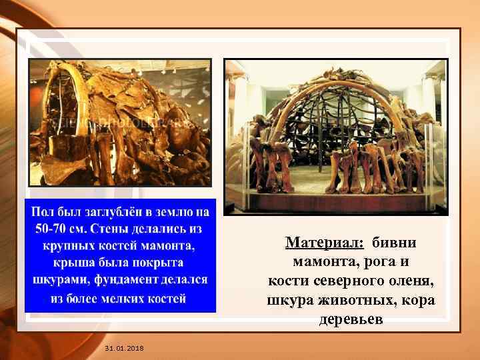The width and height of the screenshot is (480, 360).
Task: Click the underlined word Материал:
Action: (x=324, y=242)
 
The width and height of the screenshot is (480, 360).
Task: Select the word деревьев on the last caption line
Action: (x=351, y=319)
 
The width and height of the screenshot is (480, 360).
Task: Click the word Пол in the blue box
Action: (x=43, y=212)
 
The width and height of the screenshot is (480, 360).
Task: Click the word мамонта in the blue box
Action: (x=171, y=246)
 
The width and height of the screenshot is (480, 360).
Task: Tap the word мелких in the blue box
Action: (x=132, y=298)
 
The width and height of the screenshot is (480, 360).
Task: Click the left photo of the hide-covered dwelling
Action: (x=120, y=123)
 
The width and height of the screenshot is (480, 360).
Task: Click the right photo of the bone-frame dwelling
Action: (x=335, y=137)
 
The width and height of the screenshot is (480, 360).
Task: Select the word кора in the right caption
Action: (x=419, y=300)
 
